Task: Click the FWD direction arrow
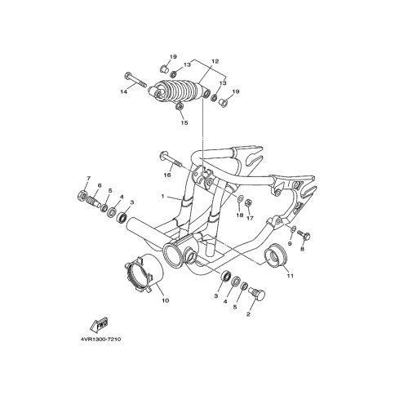click(99, 325)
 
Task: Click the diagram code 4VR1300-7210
click(100, 340)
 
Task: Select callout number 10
click(166, 300)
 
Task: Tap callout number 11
click(291, 276)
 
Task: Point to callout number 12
click(215, 61)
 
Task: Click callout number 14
click(124, 92)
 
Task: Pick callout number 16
click(167, 175)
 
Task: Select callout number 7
click(88, 179)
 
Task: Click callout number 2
click(248, 314)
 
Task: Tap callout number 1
click(162, 196)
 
